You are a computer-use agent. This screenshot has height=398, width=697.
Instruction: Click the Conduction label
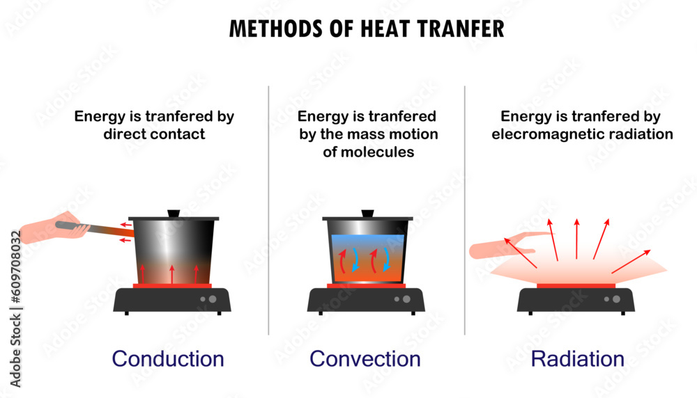point(168,359)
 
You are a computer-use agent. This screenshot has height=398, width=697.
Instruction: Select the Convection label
point(365,359)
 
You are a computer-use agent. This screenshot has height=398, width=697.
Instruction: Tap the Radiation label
point(577,359)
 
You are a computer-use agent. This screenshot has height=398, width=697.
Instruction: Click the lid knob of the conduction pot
point(174,213)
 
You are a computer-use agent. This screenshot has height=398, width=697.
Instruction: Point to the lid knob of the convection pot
point(367,213)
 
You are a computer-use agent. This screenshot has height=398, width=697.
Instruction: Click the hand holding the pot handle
point(52,228)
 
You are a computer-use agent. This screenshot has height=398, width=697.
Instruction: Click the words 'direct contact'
point(154,134)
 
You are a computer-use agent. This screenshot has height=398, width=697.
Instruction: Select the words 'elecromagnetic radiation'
point(582,134)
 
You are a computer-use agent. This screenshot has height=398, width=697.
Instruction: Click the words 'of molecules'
point(368,152)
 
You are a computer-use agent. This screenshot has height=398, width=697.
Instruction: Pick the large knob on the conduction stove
point(213,299)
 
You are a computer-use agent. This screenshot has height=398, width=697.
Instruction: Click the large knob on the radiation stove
point(616,299)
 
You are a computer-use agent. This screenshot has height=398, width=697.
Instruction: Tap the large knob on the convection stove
point(406,299)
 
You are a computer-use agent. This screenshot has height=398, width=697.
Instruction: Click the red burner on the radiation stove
point(576,285)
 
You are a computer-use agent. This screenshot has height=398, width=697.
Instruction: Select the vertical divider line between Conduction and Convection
point(269,209)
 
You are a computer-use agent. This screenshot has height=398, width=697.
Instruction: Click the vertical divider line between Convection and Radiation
point(465,209)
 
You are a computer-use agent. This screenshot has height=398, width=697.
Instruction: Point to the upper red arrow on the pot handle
point(125,225)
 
